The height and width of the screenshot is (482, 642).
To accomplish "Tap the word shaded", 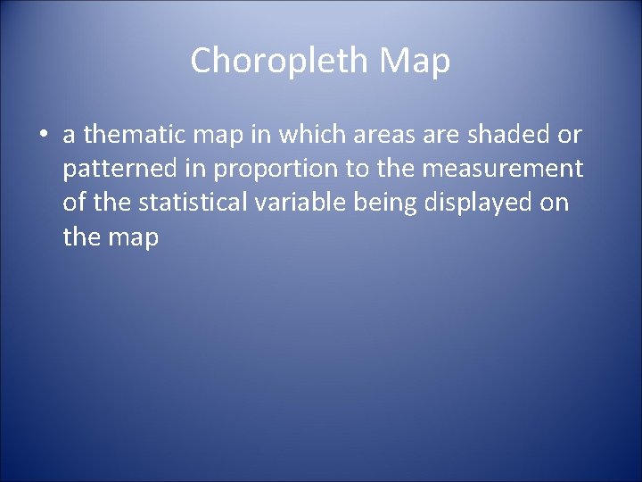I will coord(506,136).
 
